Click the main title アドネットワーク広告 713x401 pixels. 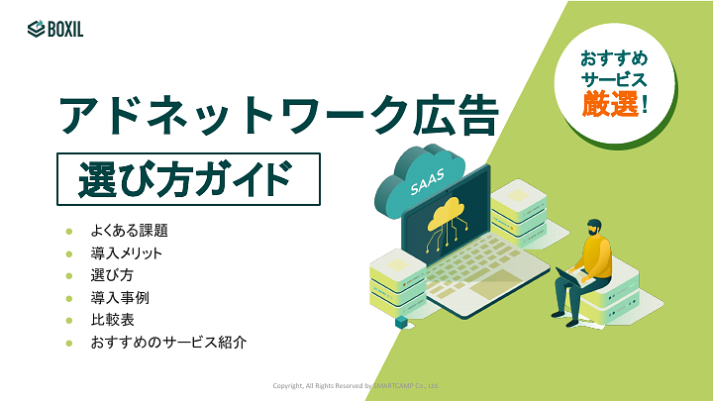277,115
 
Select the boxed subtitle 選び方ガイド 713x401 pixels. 188,179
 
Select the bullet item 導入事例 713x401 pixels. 120,297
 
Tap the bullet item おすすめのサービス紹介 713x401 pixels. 167,343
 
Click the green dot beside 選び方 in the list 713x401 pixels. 69,275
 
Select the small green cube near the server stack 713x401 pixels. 401,322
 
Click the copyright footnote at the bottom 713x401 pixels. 356,385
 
